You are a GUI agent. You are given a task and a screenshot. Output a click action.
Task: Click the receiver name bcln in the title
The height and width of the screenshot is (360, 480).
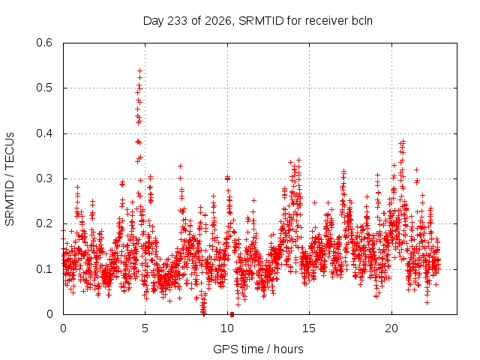362,21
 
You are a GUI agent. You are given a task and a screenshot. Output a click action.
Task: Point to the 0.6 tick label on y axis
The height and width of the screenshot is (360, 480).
44,43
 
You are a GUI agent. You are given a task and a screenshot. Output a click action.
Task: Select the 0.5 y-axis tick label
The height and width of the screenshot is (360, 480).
44,88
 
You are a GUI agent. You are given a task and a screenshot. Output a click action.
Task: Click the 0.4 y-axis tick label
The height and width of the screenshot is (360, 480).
44,133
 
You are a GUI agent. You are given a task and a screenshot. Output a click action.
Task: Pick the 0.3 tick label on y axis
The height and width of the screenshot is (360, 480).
44,178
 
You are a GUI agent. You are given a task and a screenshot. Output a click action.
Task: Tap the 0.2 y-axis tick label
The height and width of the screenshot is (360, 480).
44,223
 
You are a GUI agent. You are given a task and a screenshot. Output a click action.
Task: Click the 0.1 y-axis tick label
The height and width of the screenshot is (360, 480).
44,269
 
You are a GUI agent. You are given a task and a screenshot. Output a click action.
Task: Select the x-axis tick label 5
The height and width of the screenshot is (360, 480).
145,328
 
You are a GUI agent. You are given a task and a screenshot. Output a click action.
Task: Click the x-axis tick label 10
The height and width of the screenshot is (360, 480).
227,328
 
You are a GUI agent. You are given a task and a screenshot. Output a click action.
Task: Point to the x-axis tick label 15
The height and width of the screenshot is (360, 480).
309,328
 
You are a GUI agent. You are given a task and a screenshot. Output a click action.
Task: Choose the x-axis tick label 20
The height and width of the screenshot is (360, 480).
391,328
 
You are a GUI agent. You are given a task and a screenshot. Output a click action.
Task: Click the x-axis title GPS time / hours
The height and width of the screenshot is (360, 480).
258,349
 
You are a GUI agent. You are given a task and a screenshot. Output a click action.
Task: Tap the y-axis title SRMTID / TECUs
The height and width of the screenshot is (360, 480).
10,179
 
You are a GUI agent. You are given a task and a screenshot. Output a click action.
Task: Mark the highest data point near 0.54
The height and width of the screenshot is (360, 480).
140,70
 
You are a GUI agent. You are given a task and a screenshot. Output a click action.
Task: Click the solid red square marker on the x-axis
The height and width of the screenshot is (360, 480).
232,314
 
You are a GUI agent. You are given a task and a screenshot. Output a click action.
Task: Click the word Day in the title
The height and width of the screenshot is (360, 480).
154,21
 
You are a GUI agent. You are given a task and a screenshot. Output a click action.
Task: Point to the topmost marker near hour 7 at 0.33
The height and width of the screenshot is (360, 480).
180,166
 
